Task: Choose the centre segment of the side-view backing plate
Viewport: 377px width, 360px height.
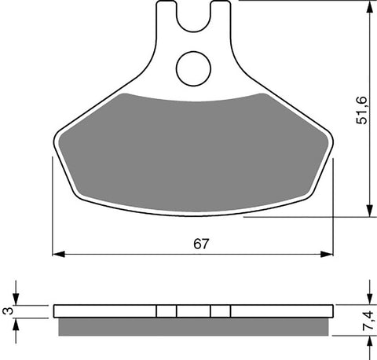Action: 193,310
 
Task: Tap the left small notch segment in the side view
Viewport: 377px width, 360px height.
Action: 165,310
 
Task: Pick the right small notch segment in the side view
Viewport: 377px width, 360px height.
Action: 221,310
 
